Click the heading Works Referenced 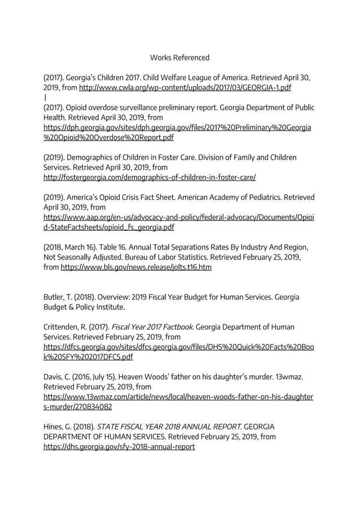pos(179,58)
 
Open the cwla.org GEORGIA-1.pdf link pos(185,88)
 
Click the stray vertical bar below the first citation pos(45,97)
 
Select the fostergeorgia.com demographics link pos(150,177)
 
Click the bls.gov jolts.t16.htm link pos(136,267)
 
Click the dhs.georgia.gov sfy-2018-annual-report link pos(120,446)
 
